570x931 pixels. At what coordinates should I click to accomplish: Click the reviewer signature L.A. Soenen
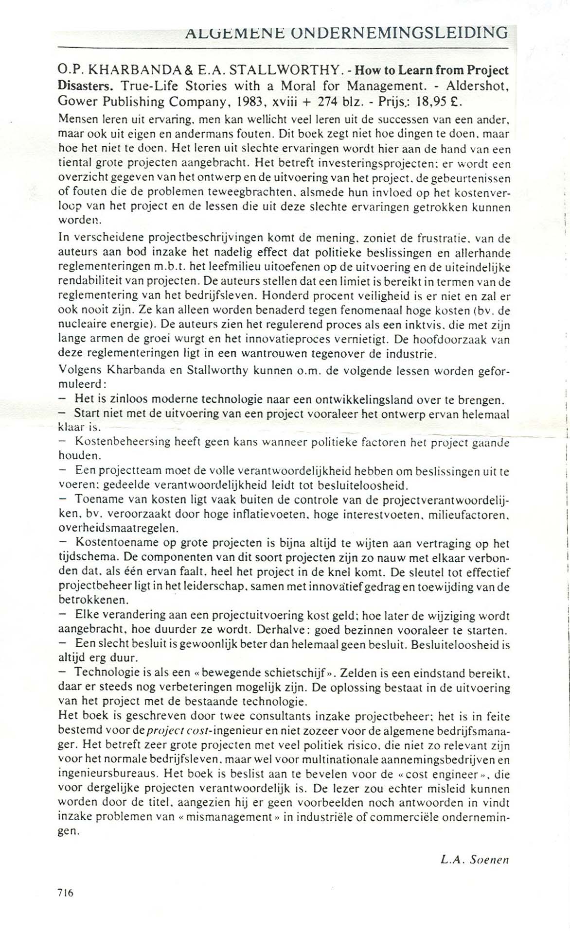point(474,860)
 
